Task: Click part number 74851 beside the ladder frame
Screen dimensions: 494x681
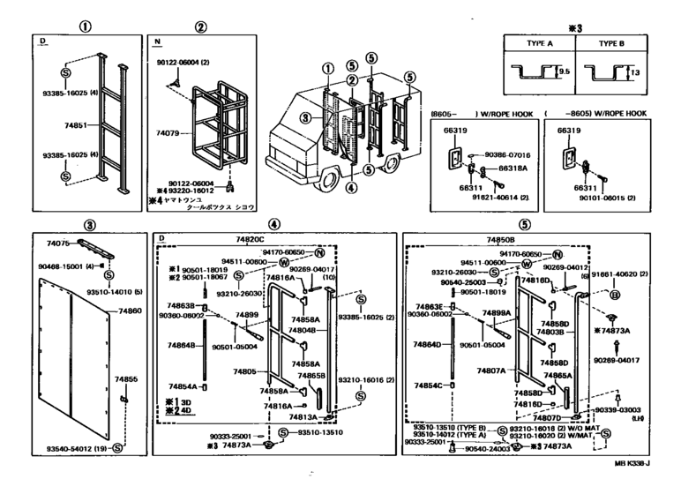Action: click(x=76, y=126)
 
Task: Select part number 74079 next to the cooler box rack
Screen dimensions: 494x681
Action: click(x=167, y=132)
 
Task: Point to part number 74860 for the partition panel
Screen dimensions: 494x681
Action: click(x=131, y=311)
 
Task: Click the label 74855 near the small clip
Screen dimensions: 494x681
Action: click(x=126, y=378)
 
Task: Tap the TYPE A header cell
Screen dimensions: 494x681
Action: click(x=539, y=42)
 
